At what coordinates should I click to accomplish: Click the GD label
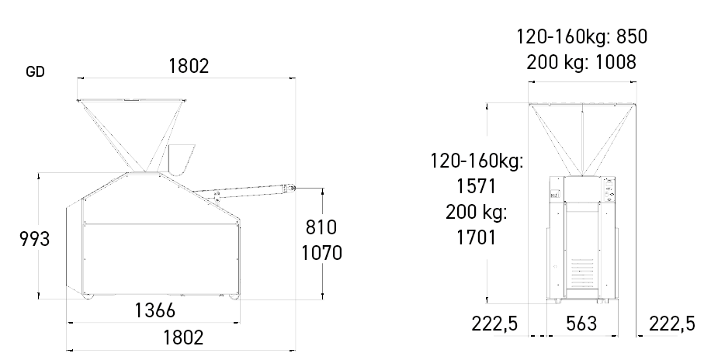point(35,72)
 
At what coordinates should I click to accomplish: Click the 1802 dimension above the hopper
point(189,66)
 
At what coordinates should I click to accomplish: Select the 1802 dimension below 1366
point(183,337)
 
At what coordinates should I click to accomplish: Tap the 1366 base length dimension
point(154,310)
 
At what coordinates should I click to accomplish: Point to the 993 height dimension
point(34,238)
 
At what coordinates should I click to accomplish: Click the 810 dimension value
point(321,227)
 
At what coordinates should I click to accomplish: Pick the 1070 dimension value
point(322,253)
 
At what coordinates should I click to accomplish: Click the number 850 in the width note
point(632,36)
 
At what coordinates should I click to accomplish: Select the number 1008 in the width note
point(616,62)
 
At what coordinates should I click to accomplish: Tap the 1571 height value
point(476,186)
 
